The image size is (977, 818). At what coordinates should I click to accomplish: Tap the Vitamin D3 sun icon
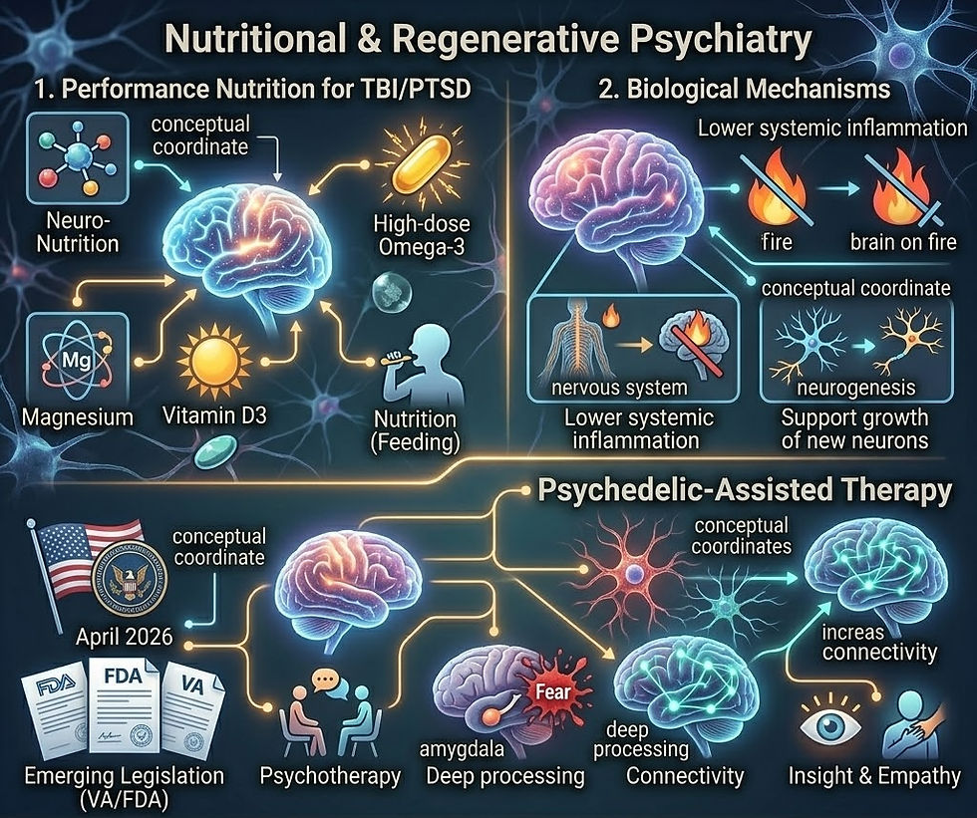(214, 361)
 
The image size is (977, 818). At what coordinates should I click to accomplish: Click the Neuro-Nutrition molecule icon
(77, 159)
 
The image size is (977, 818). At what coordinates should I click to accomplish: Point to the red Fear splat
(551, 690)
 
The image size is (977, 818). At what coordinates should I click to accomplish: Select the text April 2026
(124, 637)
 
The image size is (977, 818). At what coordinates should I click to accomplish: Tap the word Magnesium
(78, 416)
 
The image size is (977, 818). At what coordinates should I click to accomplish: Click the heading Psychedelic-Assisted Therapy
(745, 490)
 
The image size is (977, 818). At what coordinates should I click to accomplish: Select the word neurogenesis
(856, 388)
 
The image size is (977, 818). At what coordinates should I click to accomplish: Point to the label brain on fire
(903, 241)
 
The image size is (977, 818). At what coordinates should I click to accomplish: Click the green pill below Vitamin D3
(215, 452)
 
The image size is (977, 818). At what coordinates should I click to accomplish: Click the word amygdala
(462, 749)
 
